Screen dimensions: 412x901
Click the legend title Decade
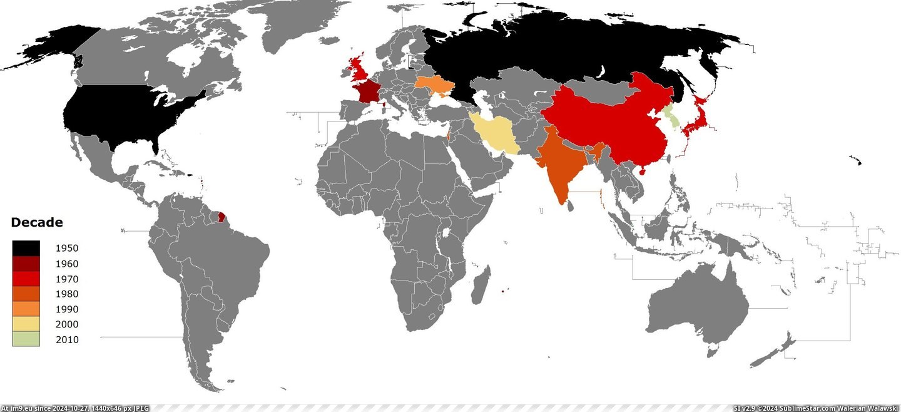(37, 222)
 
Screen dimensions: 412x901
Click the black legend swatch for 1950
(26, 248)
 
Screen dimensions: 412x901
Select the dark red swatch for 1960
(26, 264)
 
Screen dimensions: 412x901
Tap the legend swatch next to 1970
(26, 279)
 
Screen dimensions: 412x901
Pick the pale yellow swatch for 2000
(26, 324)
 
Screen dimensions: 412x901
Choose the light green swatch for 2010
(26, 339)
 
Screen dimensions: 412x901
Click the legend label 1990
(67, 309)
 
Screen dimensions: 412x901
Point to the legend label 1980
(67, 294)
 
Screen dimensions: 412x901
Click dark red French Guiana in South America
(222, 219)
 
